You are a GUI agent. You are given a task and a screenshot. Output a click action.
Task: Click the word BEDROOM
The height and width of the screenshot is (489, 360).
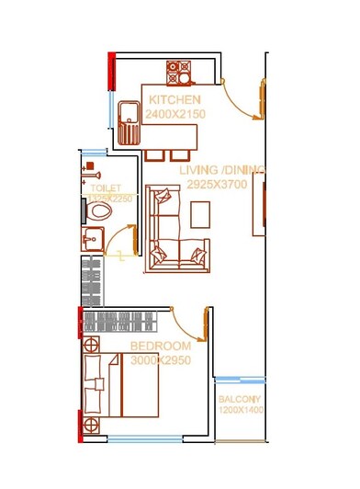[161, 346]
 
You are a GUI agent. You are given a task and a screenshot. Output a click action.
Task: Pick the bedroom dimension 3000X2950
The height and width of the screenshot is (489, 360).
[161, 360]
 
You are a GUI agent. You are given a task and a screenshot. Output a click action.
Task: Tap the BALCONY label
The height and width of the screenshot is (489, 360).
[240, 400]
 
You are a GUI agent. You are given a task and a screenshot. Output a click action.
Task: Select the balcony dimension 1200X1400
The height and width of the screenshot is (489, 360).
[240, 411]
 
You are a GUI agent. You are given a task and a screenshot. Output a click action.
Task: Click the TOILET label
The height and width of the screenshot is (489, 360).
[99, 188]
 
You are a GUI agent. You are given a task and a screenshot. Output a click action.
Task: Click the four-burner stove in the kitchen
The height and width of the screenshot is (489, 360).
[176, 70]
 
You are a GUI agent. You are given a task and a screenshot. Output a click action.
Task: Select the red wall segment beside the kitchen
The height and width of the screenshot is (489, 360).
[112, 69]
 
